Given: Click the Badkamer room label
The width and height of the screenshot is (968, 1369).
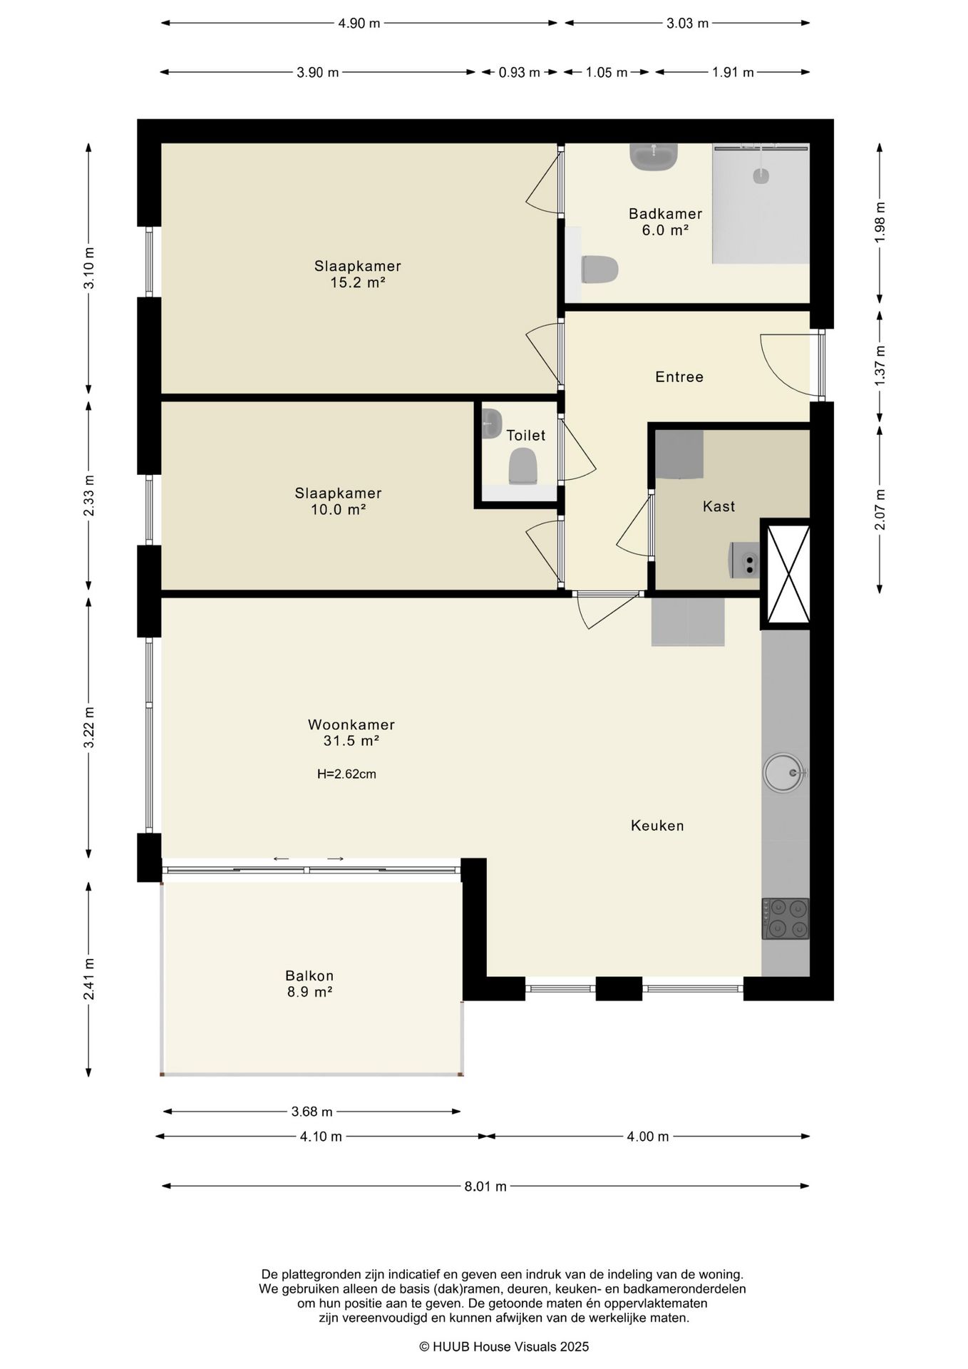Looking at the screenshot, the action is click(x=665, y=214).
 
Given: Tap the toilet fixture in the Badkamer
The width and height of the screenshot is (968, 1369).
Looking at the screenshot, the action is click(x=599, y=270).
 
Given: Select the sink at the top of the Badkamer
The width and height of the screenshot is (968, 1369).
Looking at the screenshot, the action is click(x=654, y=157).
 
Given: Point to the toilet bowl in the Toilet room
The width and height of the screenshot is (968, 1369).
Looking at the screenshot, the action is click(x=522, y=466).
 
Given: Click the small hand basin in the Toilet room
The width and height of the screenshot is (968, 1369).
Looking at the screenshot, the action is click(x=491, y=423).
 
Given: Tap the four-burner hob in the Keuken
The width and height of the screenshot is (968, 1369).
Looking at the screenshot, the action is click(x=786, y=918).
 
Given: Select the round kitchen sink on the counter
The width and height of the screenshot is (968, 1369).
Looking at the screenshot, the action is click(x=784, y=772).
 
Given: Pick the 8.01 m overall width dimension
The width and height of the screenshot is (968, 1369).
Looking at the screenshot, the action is click(x=485, y=1186).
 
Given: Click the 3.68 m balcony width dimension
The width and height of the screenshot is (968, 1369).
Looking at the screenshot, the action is click(x=311, y=1112).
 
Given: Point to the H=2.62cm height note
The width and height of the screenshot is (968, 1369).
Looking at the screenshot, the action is click(x=346, y=774).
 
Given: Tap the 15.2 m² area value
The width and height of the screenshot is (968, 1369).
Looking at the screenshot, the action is click(x=358, y=282).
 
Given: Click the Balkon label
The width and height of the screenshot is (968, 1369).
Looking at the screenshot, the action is click(x=309, y=975).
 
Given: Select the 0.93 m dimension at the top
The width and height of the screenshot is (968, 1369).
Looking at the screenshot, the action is click(x=519, y=72).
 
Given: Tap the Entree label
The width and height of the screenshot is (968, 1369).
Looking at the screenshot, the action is click(x=679, y=376).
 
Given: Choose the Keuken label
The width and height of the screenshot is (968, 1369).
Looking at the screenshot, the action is click(x=657, y=826).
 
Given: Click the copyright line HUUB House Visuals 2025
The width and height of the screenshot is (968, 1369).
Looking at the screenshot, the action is click(x=504, y=1347).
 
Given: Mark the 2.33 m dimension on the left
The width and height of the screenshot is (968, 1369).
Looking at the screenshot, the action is click(x=88, y=496).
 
